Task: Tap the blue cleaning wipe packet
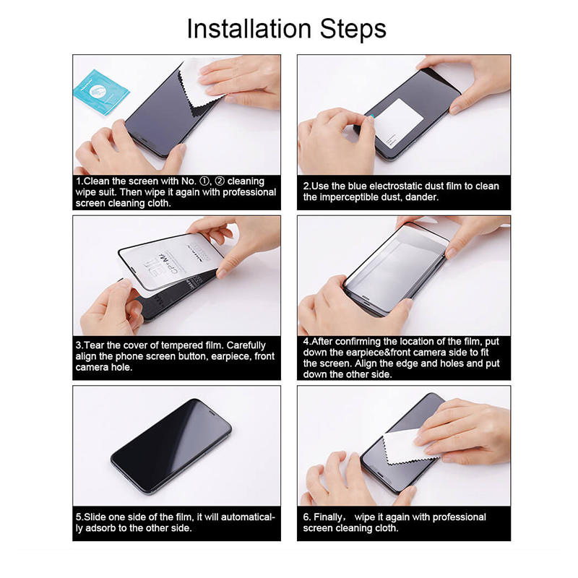(x=101, y=92)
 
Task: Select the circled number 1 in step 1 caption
(x=204, y=181)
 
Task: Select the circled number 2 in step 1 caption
(x=220, y=181)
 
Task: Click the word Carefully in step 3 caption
(x=246, y=346)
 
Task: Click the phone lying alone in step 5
(x=171, y=447)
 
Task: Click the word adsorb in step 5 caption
(x=100, y=528)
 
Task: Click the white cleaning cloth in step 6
(x=409, y=447)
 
